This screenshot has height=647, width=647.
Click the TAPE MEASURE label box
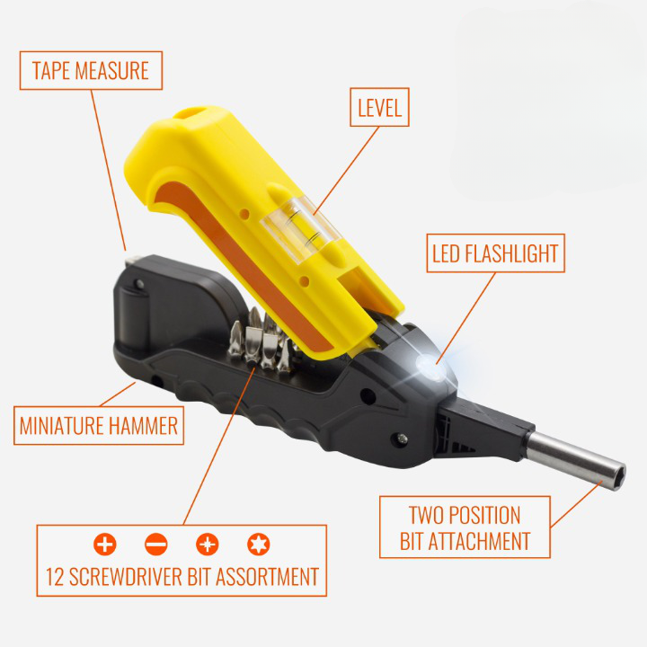click(91, 71)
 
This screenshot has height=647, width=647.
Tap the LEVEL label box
click(379, 107)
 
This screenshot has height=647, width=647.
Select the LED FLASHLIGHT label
click(495, 253)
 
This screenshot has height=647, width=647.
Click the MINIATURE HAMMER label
click(99, 425)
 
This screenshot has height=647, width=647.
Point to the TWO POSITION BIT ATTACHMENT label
click(465, 527)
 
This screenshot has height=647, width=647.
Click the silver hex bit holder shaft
click(577, 460)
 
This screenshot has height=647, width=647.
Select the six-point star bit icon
click(259, 545)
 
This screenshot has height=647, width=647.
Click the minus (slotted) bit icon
click(156, 545)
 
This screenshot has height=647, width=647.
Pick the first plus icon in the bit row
click(105, 545)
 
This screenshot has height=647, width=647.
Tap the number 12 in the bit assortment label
click(55, 577)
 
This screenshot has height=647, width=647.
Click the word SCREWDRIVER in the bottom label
click(126, 577)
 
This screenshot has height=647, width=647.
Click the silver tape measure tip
click(132, 261)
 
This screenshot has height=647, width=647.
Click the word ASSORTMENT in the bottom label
click(268, 577)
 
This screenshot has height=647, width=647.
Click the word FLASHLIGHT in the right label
click(511, 253)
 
